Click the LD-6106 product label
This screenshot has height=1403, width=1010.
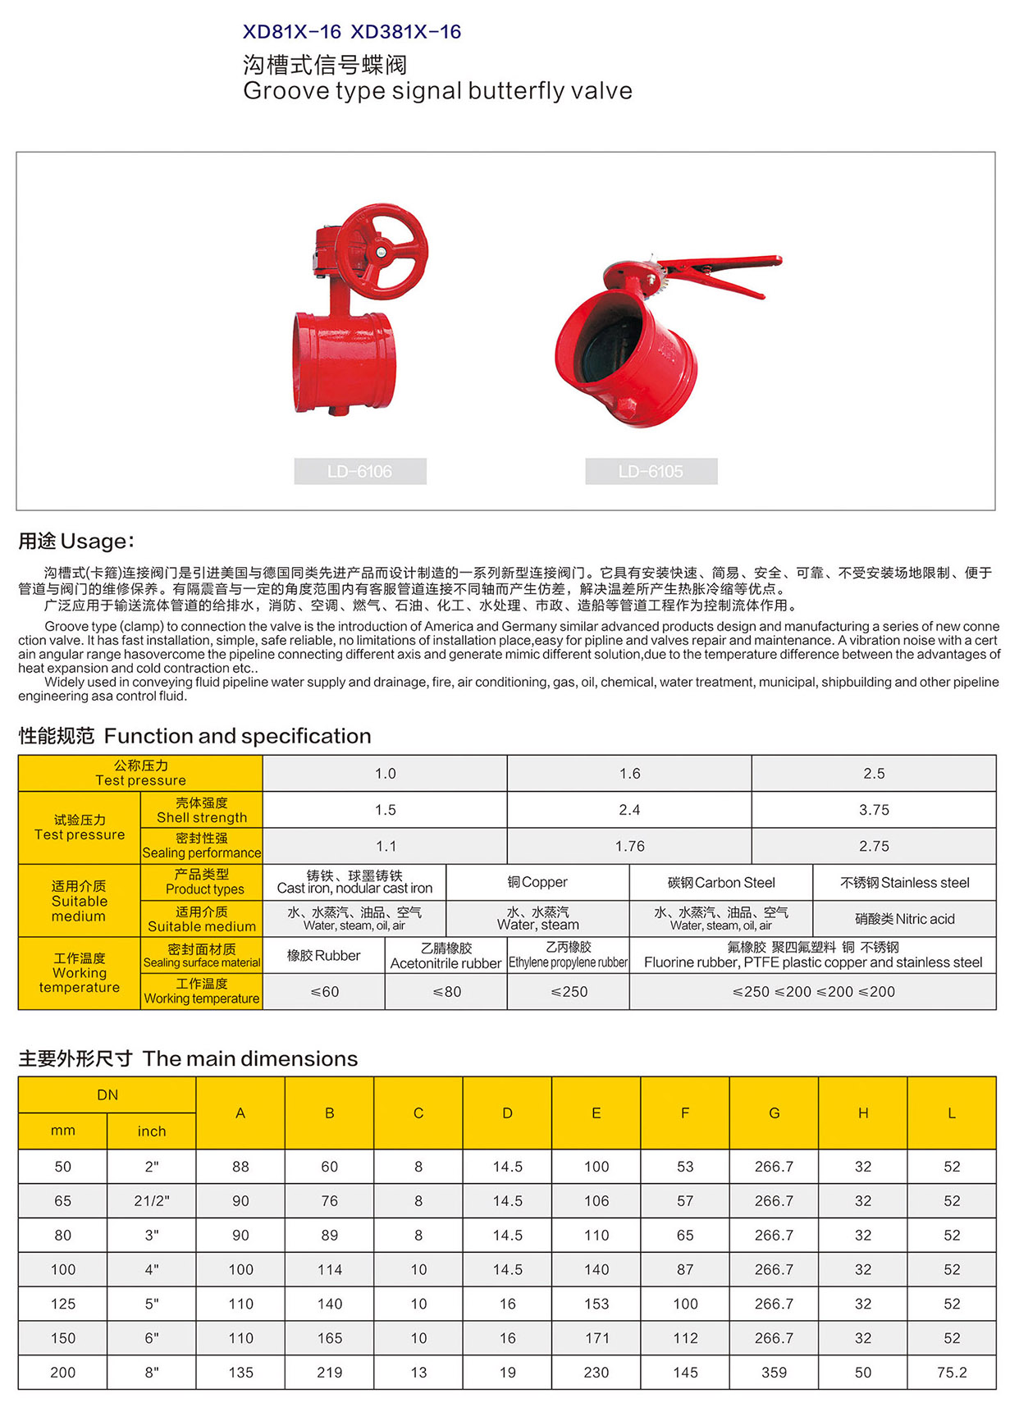tap(360, 472)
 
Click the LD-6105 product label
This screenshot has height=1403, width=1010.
tap(651, 472)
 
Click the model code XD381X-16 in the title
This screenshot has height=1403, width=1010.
tap(405, 32)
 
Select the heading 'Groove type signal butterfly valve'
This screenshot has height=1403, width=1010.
tap(437, 91)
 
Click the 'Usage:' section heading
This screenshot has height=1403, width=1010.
tap(76, 542)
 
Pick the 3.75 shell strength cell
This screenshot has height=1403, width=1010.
tap(874, 810)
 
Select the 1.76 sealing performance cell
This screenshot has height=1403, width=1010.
tap(629, 846)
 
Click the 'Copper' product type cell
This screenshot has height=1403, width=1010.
tap(537, 883)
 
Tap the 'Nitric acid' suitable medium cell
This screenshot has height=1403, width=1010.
tap(904, 919)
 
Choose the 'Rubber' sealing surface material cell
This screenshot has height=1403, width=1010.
tap(323, 956)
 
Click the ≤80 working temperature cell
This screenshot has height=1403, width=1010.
tap(446, 992)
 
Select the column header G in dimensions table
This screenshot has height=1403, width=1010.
tap(774, 1113)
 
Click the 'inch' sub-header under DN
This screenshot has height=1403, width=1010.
tap(152, 1131)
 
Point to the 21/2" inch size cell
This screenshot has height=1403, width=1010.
tap(152, 1201)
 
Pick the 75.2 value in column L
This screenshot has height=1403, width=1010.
tap(952, 1373)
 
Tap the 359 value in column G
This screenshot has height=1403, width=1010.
tap(774, 1373)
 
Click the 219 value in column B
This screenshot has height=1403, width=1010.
tap(330, 1373)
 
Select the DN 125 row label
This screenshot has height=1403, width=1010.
tap(63, 1304)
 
